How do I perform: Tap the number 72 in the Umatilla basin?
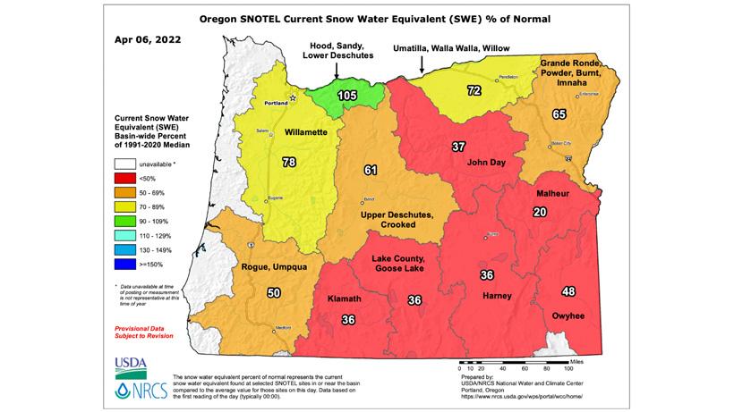coord(474,91)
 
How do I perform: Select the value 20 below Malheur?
coord(539,212)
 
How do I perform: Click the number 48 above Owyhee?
coord(568,291)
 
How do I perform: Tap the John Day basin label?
coord(487,164)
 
